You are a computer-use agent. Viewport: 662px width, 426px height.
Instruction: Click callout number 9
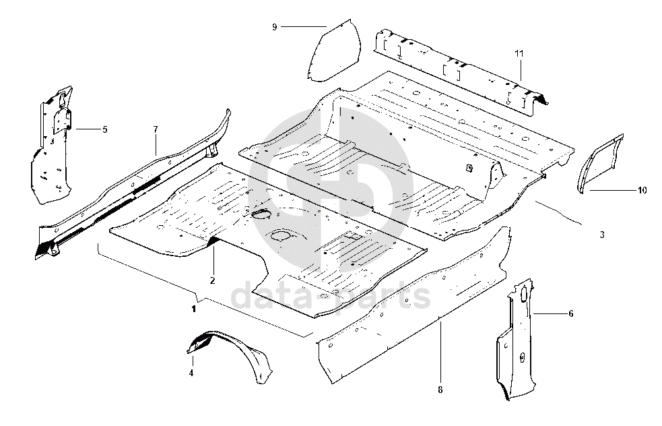coord(274,27)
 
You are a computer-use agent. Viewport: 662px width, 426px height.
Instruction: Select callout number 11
coord(519,54)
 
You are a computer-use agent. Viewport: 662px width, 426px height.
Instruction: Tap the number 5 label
coord(104,129)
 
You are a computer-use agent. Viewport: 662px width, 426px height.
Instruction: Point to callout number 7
coord(156,129)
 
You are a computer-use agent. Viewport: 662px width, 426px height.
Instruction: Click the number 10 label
coord(642,191)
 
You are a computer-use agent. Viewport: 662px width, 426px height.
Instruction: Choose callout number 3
coord(602,235)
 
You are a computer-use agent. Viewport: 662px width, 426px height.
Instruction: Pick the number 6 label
coord(571,313)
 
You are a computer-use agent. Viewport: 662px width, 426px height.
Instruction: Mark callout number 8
coord(440,390)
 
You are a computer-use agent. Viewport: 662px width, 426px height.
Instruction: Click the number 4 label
coord(191,373)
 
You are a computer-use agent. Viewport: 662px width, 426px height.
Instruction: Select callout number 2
coord(212,280)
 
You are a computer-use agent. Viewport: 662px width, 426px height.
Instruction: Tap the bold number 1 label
coord(194,309)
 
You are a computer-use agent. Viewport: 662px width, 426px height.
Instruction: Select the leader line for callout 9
coord(304,27)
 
